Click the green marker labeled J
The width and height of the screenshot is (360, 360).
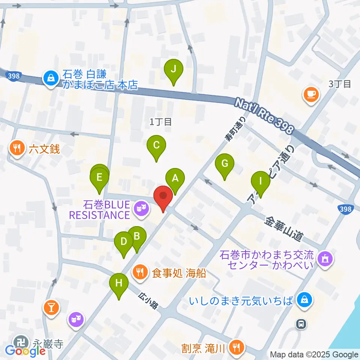click(173, 69)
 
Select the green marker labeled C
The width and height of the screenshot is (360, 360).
click(156, 145)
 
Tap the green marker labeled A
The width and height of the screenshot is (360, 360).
click(175, 179)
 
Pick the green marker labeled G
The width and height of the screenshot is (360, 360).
click(225, 164)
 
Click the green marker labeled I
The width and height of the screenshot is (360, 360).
click(260, 181)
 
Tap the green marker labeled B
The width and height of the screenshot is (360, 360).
click(137, 237)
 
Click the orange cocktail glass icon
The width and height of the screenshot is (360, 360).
click(51, 308)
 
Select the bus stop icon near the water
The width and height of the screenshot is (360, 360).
click(301, 323)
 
